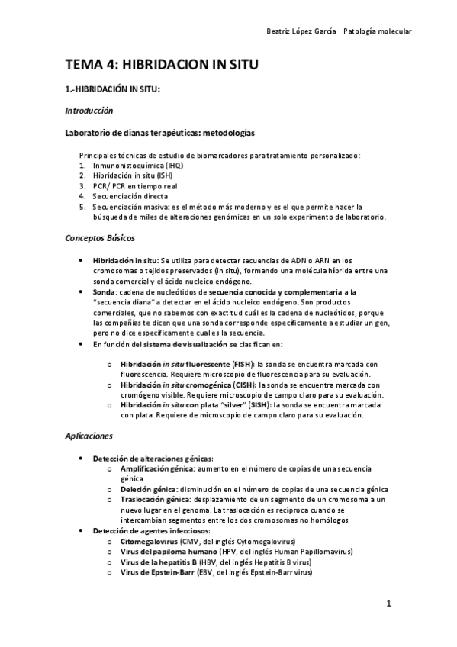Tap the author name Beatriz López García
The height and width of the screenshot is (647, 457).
point(299,31)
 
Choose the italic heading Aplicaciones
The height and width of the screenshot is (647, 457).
point(89,436)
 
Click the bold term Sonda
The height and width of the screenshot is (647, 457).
point(104,291)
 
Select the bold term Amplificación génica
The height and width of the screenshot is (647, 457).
point(156,468)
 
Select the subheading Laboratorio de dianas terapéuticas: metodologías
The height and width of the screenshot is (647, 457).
point(159,133)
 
